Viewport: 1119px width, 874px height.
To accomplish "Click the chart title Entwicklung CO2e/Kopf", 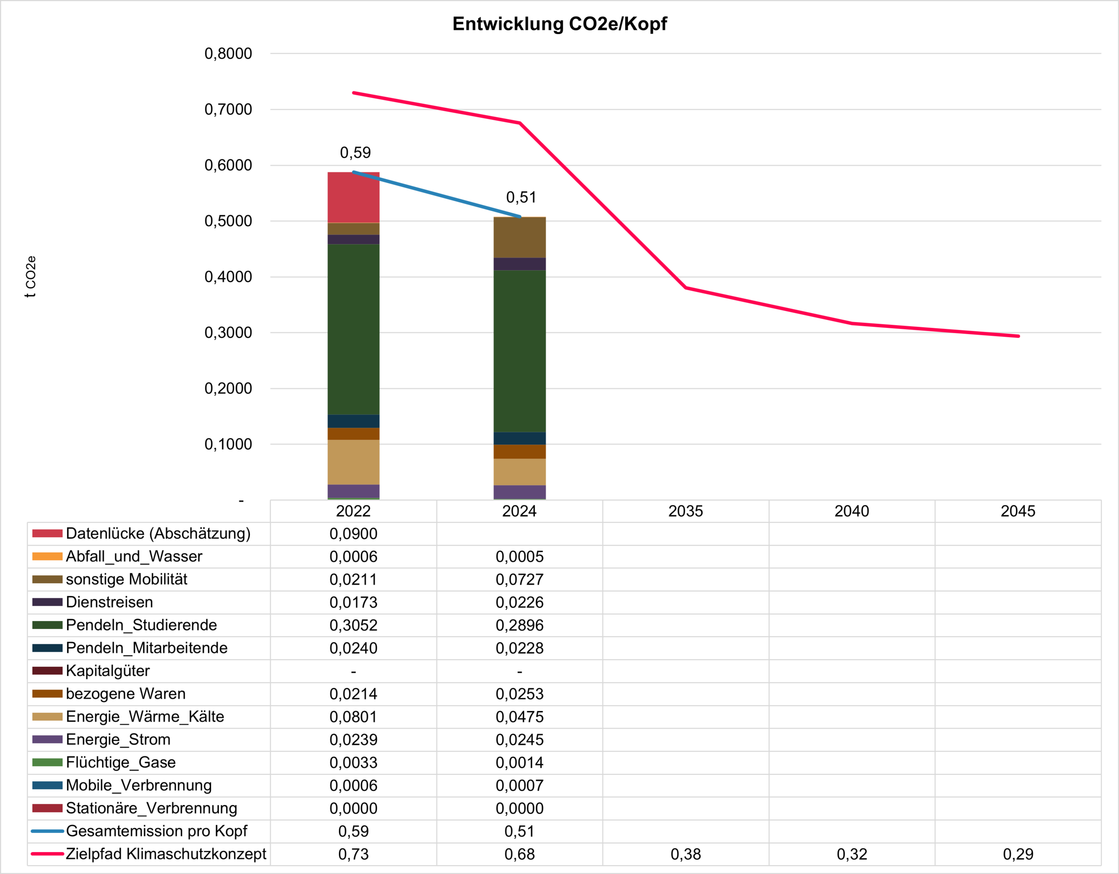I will (559, 24).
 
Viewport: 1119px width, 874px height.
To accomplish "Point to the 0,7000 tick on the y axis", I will (228, 109).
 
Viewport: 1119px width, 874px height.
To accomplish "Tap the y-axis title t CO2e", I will (31, 276).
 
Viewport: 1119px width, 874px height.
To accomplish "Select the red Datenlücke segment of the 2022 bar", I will (353, 198).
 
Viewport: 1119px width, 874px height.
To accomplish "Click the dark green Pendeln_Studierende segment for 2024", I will (519, 351).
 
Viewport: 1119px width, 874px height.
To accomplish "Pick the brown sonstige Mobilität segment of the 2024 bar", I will (519, 238).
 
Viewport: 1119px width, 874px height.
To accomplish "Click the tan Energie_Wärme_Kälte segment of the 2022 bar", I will (353, 462).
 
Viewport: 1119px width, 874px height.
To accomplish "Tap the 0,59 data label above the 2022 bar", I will (355, 153).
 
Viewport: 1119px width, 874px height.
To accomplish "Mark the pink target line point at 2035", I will (685, 288).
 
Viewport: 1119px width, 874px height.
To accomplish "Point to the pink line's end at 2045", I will (1018, 336).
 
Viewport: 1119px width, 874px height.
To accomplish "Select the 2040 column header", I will (851, 511).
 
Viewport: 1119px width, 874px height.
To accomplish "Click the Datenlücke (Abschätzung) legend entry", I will (158, 533).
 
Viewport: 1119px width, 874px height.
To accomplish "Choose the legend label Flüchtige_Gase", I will (121, 762).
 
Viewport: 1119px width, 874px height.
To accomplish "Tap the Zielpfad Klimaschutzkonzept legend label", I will (166, 854).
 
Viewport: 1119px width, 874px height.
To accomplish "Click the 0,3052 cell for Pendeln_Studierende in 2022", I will (353, 625).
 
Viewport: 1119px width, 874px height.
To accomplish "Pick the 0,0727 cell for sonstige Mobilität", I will (519, 580).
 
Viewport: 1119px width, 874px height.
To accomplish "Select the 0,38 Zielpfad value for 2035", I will (685, 854).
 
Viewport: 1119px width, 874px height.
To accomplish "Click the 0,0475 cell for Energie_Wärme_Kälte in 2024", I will (519, 717).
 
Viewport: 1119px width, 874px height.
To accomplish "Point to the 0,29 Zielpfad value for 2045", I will (1018, 854).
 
